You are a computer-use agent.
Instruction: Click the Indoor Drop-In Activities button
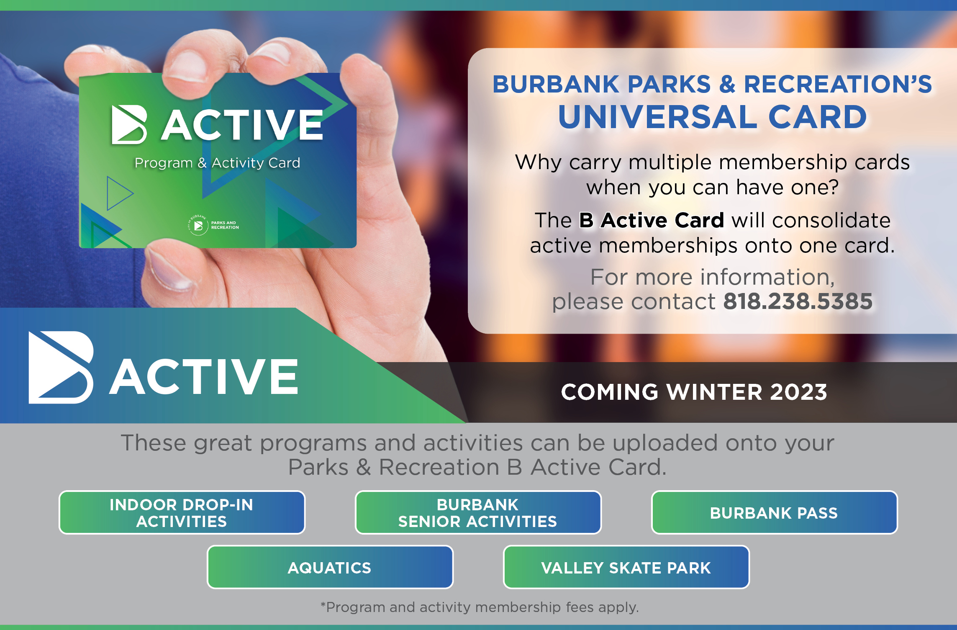[182, 512]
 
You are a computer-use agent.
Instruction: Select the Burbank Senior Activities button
[478, 512]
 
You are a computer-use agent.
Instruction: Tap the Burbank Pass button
[774, 512]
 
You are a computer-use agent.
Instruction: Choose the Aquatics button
[330, 567]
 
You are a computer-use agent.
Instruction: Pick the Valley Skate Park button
[626, 567]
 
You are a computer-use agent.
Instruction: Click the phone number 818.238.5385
[798, 301]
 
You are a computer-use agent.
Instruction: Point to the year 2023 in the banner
[799, 392]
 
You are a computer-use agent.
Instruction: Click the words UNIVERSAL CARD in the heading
[713, 117]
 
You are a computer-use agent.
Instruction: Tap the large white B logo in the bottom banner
[61, 368]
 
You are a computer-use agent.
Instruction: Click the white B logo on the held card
[129, 124]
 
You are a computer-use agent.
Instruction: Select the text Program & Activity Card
[217, 163]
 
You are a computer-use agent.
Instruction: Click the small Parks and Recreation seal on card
[198, 225]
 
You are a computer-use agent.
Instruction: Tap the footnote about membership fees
[480, 607]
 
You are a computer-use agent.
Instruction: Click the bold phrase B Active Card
[652, 220]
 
